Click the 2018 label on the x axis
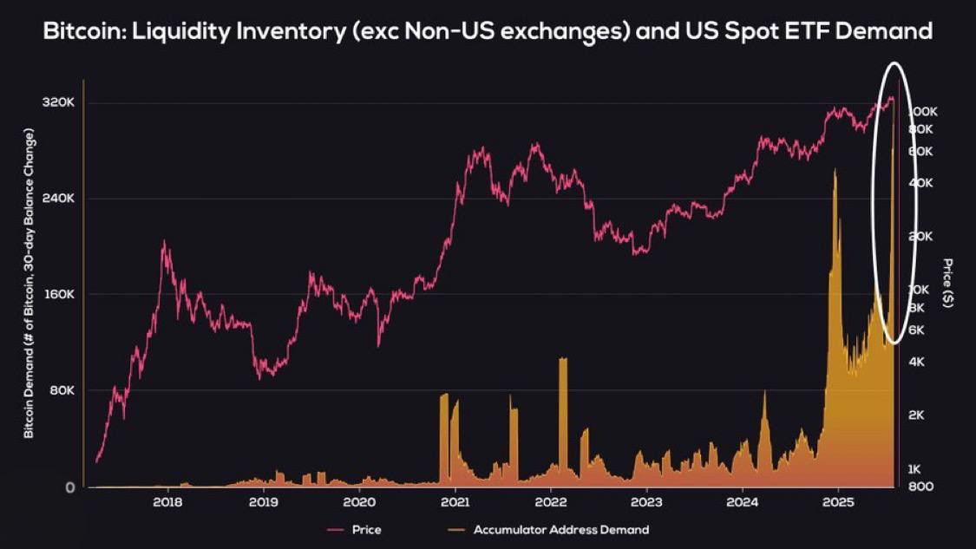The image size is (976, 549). coord(167,502)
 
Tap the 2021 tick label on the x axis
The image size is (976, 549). coord(455,502)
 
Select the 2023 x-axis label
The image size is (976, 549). coord(646,502)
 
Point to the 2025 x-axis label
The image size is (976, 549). coord(838,502)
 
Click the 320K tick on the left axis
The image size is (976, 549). coord(59,102)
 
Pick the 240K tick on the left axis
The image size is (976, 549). coord(59,199)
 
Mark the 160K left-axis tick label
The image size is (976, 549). coord(59,294)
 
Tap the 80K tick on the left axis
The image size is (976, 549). coord(62,390)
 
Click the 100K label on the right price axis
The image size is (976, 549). coord(922,112)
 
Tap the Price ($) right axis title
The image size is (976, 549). coord(948,283)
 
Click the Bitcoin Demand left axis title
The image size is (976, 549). coord(29,283)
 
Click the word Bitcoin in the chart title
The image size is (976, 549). coord(82,32)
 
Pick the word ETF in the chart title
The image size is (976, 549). coord(785,32)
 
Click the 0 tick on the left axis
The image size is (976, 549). coord(69,487)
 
